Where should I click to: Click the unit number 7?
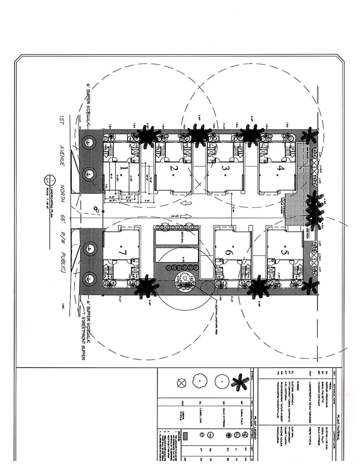[x=123, y=252]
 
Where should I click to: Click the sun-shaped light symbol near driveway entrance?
[x=96, y=208]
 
